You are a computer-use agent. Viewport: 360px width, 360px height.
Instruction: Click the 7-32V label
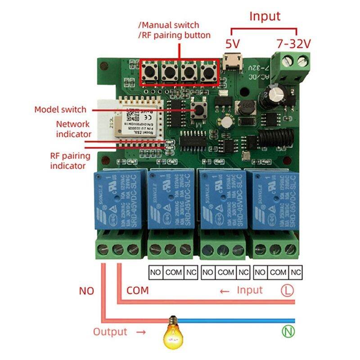coord(294,44)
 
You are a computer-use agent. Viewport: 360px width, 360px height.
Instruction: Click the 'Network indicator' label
coord(73,129)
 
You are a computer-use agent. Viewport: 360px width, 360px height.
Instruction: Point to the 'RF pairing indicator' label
coord(70,161)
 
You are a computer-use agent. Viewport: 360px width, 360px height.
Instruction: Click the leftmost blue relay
coord(120,199)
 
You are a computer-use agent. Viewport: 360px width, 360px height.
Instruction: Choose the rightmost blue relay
coord(274,199)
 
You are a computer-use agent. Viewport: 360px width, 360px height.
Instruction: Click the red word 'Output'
coord(110,332)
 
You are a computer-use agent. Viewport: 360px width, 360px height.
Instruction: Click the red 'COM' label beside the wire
coord(137,290)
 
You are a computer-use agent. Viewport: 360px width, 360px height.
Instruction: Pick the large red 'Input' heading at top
coord(265,17)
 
